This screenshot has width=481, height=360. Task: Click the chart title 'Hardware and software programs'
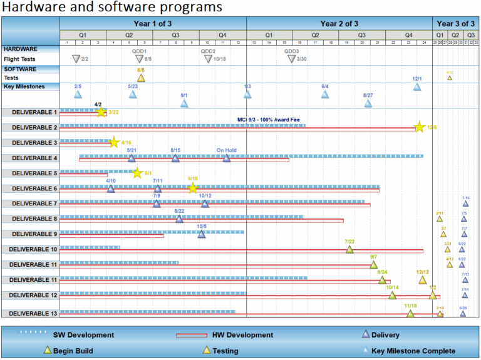click(x=112, y=8)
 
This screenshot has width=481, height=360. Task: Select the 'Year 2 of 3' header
click(x=339, y=23)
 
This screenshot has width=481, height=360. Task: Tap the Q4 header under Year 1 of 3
click(x=222, y=35)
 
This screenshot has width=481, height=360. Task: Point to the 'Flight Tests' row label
click(x=19, y=59)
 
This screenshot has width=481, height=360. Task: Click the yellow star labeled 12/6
click(x=419, y=127)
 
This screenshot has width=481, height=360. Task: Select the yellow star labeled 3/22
click(x=101, y=112)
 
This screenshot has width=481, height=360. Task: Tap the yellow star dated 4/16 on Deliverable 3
click(x=114, y=143)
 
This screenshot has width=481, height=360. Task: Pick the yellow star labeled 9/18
click(x=193, y=188)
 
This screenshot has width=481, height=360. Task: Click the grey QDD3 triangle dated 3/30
click(x=291, y=59)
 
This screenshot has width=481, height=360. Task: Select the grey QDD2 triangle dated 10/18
click(x=208, y=59)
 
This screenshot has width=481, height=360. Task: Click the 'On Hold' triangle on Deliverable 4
click(x=227, y=158)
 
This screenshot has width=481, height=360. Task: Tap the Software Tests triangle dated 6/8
click(x=141, y=78)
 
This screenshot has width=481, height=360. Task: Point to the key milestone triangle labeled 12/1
click(x=417, y=87)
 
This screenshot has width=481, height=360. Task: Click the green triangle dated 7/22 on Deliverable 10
click(x=349, y=250)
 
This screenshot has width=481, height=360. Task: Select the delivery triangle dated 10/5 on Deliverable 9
click(x=202, y=234)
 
